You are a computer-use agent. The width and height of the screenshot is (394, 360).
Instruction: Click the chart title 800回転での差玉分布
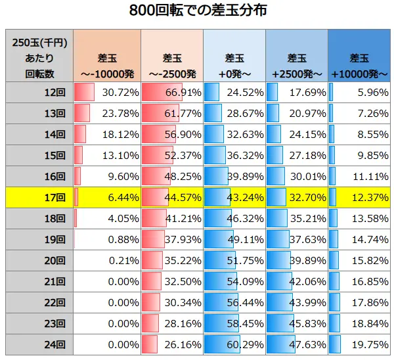197,12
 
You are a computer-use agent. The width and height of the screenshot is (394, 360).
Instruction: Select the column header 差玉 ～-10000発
106,56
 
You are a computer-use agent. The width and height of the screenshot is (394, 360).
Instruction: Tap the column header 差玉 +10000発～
359,56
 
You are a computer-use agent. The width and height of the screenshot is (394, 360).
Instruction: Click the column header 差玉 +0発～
234,56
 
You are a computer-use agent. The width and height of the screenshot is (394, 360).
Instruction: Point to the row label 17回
39,197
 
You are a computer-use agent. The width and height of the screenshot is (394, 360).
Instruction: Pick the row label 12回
39,93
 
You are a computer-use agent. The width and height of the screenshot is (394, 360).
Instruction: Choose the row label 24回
39,344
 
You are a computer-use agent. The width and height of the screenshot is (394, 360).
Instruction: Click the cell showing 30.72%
106,93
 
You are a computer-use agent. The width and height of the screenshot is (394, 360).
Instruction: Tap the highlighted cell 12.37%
359,197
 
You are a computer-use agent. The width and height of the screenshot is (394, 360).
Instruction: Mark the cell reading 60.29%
234,344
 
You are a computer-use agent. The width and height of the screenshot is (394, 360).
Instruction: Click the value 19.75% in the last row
359,344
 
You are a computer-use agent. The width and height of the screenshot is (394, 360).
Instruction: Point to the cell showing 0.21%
106,260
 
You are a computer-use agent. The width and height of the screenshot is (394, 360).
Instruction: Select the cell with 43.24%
234,197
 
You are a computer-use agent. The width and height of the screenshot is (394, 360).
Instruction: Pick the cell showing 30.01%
297,176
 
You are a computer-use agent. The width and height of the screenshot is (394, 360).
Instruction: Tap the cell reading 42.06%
297,281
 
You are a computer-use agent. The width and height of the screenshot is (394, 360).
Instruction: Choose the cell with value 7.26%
359,114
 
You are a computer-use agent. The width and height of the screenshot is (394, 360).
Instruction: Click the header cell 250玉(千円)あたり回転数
39,56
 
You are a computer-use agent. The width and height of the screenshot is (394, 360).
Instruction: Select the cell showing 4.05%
106,218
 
